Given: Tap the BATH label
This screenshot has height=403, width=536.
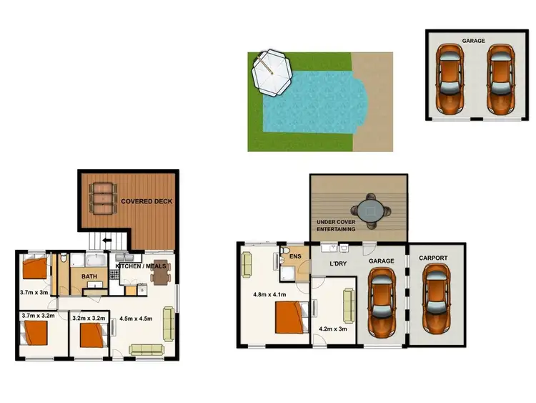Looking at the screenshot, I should pyautogui.click(x=89, y=276).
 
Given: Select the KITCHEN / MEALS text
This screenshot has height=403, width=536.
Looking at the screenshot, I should pyautogui.click(x=140, y=266).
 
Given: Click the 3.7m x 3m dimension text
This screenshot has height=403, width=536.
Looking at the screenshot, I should pyautogui.click(x=34, y=291).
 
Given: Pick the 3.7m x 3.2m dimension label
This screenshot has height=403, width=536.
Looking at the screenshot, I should pyautogui.click(x=38, y=315).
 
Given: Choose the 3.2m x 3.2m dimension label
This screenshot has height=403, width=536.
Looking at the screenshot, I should pyautogui.click(x=89, y=315).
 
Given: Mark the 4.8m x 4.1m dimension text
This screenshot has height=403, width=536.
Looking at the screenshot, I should pyautogui.click(x=269, y=294).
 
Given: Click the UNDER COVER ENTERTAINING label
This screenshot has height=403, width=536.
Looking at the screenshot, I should pyautogui.click(x=336, y=225).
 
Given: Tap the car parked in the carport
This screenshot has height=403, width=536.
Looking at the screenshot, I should pyautogui.click(x=436, y=299).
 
